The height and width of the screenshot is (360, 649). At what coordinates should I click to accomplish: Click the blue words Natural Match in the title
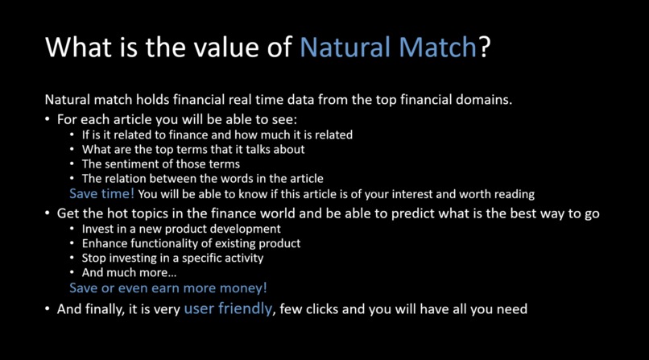(388, 48)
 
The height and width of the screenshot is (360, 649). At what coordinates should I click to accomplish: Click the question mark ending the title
(484, 48)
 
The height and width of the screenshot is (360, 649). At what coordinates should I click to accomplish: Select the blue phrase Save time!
(101, 194)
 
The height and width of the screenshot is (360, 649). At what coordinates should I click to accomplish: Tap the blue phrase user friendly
(228, 308)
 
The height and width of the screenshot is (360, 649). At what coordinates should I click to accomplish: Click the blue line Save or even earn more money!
(167, 288)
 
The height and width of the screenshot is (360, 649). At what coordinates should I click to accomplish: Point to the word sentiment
(133, 163)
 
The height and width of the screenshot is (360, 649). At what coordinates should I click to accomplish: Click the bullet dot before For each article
(48, 119)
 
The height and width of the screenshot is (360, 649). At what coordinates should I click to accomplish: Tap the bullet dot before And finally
(48, 309)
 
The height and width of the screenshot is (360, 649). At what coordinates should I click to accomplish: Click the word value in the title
(216, 48)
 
